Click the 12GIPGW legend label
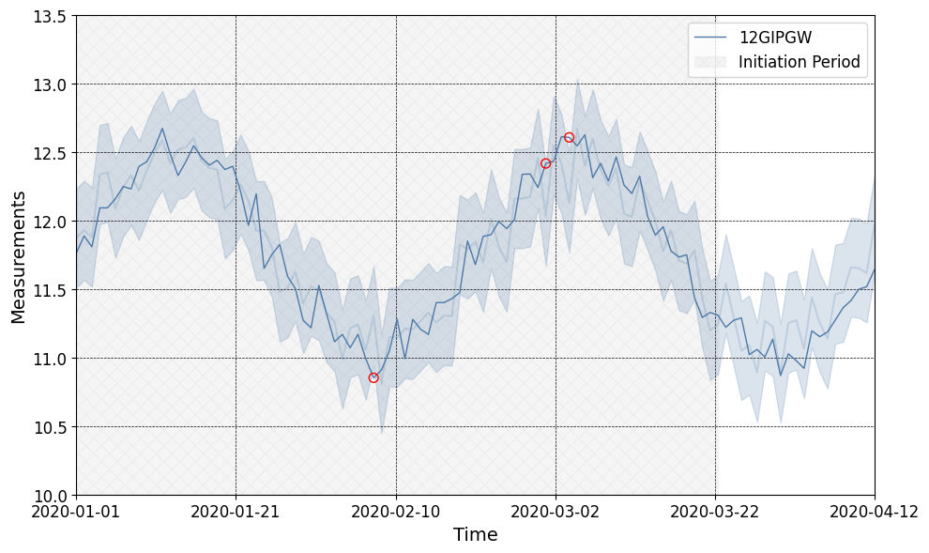point(774,38)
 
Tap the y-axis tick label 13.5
point(48,16)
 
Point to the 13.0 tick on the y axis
point(48,84)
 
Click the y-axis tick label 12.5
point(48,153)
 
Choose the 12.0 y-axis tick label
point(48,222)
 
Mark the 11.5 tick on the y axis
point(48,290)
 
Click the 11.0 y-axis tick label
point(48,359)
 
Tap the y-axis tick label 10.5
point(48,427)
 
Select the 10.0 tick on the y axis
point(48,496)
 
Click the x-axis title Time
point(475,535)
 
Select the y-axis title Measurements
point(19,256)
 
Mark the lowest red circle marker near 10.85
point(373,377)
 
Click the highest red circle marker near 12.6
point(569,137)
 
